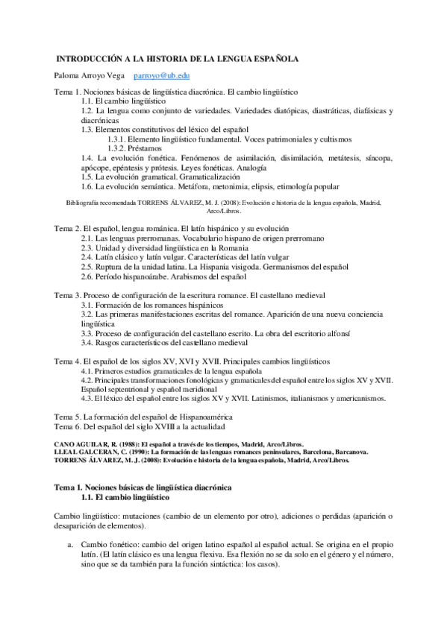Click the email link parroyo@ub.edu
pyautogui.click(x=161, y=76)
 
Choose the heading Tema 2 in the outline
pyautogui.click(x=68, y=227)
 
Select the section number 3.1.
pyautogui.click(x=87, y=305)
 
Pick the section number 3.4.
pyautogui.click(x=87, y=344)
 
